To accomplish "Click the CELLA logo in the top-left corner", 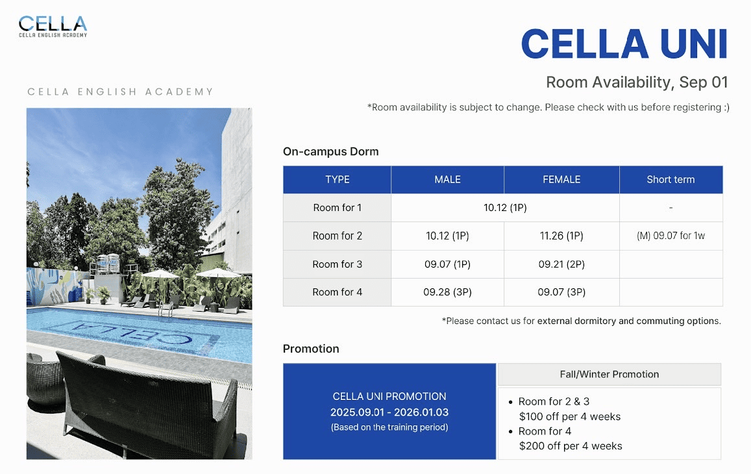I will pos(53,26).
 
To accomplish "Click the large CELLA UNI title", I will pos(624,45).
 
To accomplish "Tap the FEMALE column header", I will pos(561,180).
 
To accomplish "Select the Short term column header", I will pos(671,180).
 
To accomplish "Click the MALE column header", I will pos(447,180).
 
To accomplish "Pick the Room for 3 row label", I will pos(337,264).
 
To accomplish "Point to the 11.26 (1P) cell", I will pos(561,236).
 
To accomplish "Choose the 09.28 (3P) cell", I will pos(447,292).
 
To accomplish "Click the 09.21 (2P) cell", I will pos(561,264).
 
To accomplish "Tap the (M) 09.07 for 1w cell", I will pos(671,236).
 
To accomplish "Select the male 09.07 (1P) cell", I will pos(447,264).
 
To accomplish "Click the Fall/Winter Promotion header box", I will pos(609,374).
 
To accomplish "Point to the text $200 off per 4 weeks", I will pos(571,446).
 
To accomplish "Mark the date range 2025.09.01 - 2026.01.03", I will pos(389,412).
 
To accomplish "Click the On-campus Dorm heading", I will pos(330,152).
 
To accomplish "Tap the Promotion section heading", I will pos(311,349).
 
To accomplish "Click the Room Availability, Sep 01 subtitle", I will pos(637,82).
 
